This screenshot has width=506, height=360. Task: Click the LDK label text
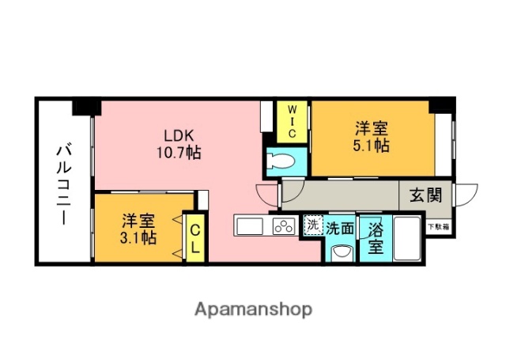coord(179,134)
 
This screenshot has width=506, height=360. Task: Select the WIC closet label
coord(292,121)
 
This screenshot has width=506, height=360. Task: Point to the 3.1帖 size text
coord(138,237)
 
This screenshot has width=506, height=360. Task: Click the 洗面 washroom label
coord(341,227)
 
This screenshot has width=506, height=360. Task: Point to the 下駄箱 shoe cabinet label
coord(439,227)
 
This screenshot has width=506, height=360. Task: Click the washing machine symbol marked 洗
coord(313,225)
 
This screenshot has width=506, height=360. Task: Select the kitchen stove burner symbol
coord(283,226)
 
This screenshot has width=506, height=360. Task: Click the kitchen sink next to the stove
coord(251,226)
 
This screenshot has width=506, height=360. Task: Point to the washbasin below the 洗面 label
coord(341,251)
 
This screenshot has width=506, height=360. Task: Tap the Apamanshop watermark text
coord(253,309)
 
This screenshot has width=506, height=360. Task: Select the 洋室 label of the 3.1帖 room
coord(138,220)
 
